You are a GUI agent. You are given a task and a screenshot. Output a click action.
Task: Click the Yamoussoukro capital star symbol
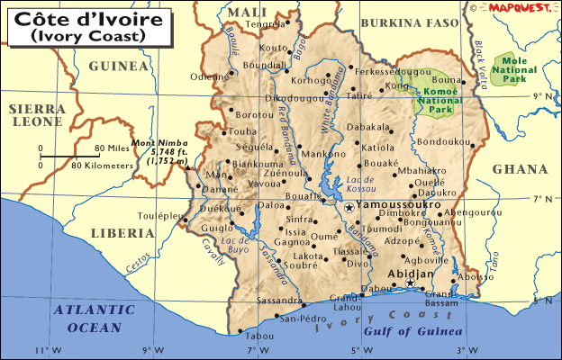349,207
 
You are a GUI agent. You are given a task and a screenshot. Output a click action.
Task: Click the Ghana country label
520,169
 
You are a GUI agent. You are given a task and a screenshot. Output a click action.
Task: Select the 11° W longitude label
42,349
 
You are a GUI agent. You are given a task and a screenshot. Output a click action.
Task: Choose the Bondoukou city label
444,141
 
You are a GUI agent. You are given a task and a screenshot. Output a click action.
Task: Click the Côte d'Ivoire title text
76,19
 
